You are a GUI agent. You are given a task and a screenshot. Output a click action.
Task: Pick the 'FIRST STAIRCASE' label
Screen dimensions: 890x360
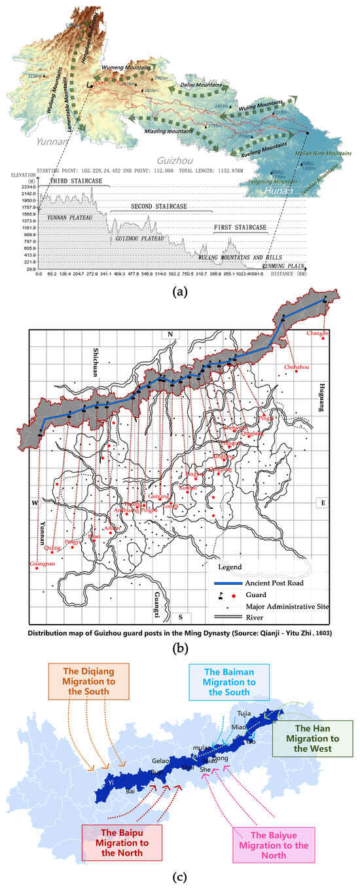coord(240,227)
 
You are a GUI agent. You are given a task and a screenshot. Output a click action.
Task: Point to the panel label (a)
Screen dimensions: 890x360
coord(179,292)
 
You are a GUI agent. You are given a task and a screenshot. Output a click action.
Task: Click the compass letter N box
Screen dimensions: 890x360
coord(170,335)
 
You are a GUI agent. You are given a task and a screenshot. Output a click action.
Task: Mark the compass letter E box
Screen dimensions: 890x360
coord(322,502)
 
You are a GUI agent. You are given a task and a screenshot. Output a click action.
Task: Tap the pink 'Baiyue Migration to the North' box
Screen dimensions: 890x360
coord(274,840)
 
